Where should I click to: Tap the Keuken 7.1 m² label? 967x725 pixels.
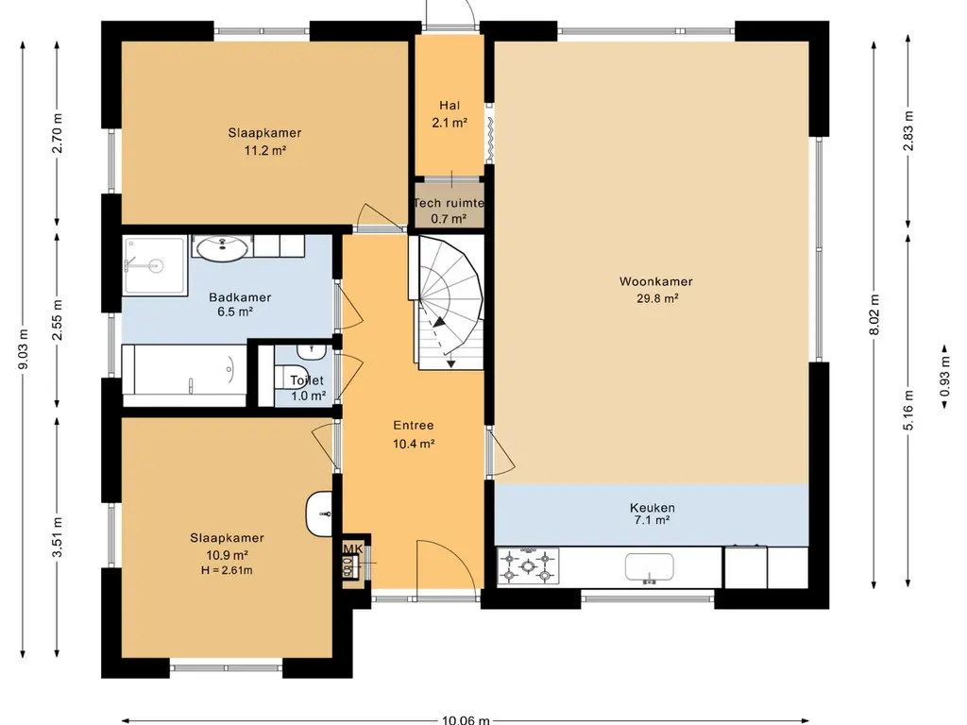(x=652, y=514)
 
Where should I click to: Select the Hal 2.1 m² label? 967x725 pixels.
(x=450, y=114)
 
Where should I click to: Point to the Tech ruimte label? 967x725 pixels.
(x=449, y=203)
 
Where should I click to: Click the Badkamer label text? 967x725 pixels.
(x=240, y=297)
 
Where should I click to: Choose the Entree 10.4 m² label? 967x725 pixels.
(x=414, y=434)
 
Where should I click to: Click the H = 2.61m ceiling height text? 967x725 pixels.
(x=227, y=570)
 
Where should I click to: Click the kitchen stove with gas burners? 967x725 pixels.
(x=528, y=565)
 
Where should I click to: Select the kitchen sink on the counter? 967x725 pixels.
(x=650, y=567)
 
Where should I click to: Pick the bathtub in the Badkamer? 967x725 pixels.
(x=184, y=375)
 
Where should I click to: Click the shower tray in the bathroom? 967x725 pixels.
(x=154, y=265)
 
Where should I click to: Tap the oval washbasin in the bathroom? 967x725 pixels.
(x=222, y=248)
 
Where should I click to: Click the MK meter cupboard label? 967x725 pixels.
(x=353, y=548)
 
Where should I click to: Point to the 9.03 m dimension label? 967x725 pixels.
(x=24, y=349)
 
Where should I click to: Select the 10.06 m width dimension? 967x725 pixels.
(x=466, y=719)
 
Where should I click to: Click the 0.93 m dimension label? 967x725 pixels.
(x=944, y=377)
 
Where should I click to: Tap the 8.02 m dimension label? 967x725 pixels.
(x=874, y=314)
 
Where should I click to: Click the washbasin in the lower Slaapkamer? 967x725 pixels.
(x=319, y=514)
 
